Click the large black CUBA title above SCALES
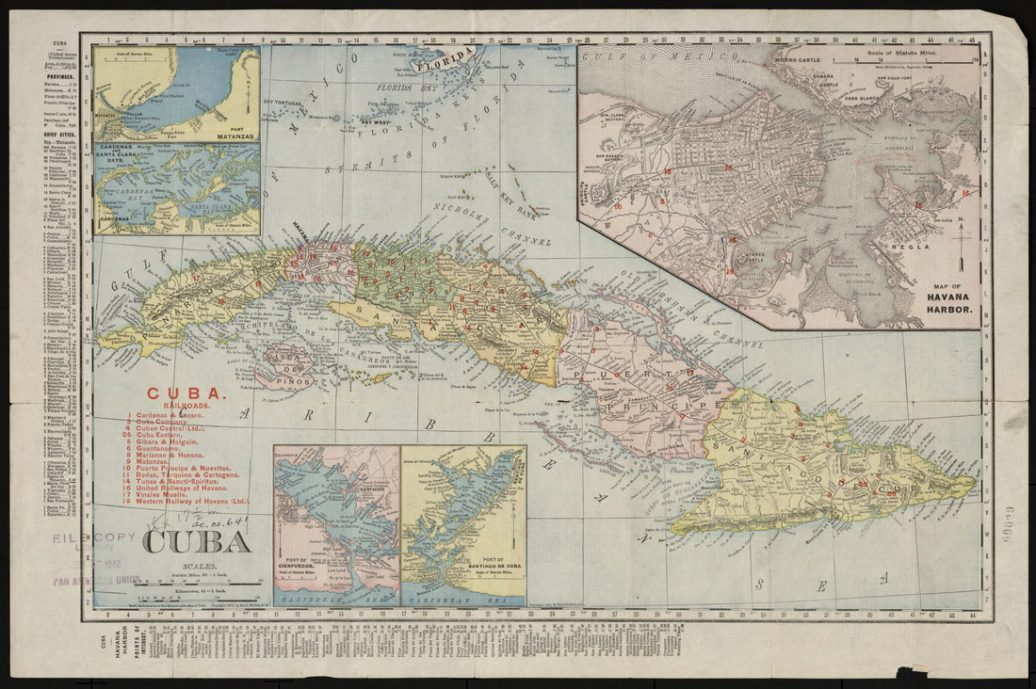pyautogui.click(x=197, y=542)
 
